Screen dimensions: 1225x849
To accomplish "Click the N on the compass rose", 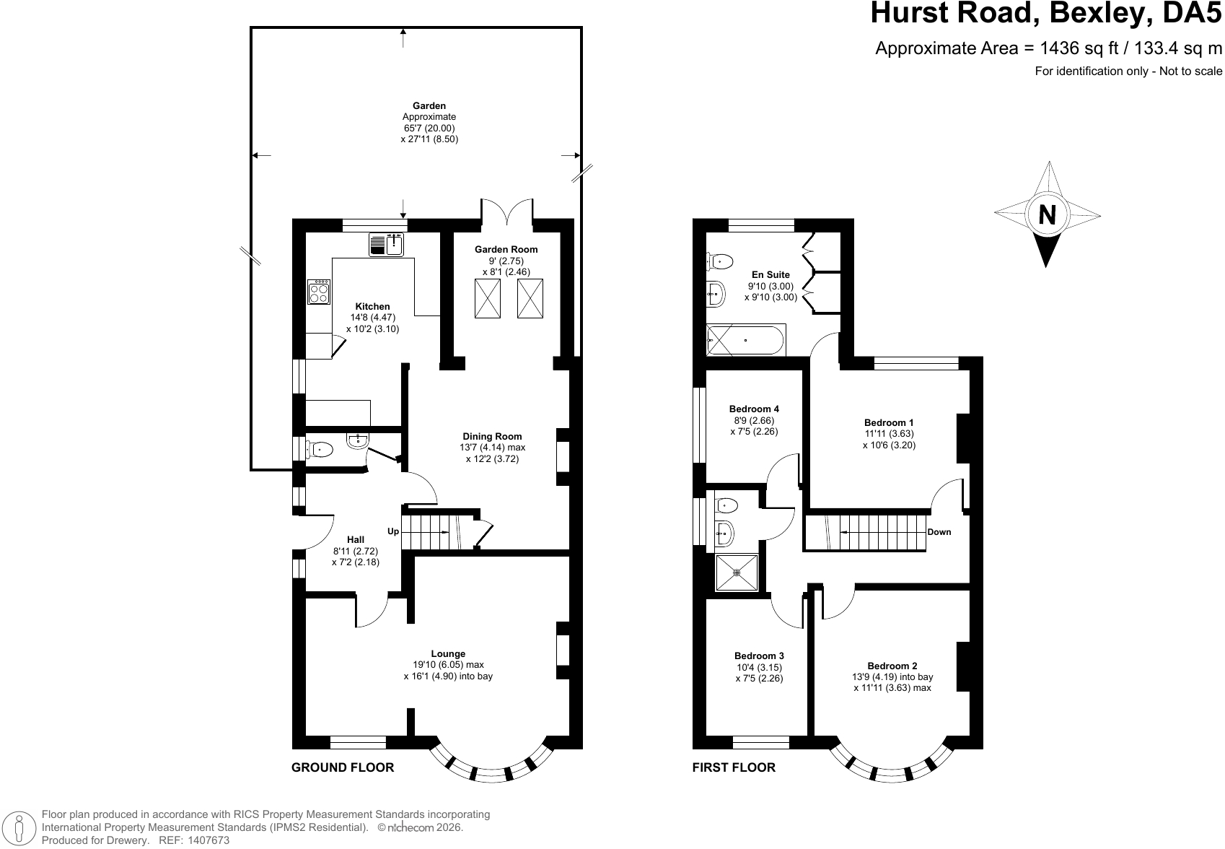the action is click(x=1047, y=214).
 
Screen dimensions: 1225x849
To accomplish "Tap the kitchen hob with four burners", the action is click(x=319, y=292).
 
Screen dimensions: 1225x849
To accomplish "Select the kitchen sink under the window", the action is click(x=386, y=244).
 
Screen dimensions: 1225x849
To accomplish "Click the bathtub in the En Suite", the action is click(x=745, y=340).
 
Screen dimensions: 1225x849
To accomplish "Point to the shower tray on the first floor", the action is click(x=737, y=572).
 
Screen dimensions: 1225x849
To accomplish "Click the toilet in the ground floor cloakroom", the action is click(x=319, y=450).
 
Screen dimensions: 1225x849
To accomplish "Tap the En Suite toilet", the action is click(x=720, y=261).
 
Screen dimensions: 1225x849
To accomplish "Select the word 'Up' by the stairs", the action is click(x=393, y=531).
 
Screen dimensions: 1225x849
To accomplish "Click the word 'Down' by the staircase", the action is click(x=939, y=532).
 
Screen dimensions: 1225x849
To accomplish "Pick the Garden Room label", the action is click(x=506, y=250).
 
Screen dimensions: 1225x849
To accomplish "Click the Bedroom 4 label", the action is click(x=754, y=409).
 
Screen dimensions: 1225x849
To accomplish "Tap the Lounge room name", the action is click(x=448, y=653).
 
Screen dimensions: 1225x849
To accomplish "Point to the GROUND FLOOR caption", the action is click(x=343, y=767).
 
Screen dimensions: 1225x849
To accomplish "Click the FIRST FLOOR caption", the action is click(x=734, y=767).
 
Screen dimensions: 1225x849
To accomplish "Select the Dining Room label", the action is click(x=492, y=436).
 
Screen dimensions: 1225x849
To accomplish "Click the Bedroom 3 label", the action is click(x=759, y=656).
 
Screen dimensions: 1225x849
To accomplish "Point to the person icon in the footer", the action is click(x=19, y=827).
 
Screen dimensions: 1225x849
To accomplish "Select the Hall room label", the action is click(x=356, y=540).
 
